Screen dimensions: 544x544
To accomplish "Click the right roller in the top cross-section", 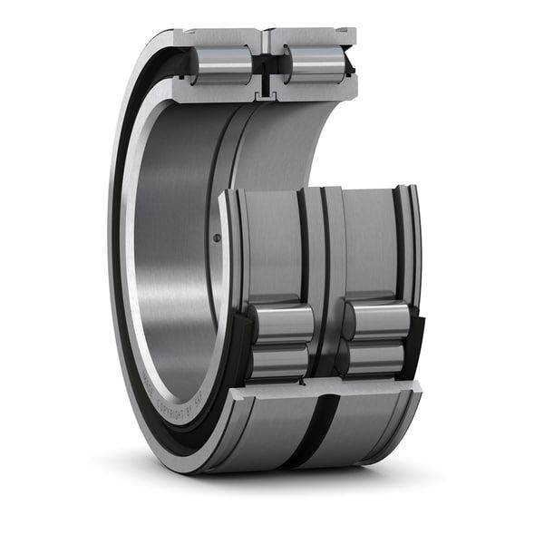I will (313, 65).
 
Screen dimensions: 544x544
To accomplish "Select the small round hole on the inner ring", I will (216, 238).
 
